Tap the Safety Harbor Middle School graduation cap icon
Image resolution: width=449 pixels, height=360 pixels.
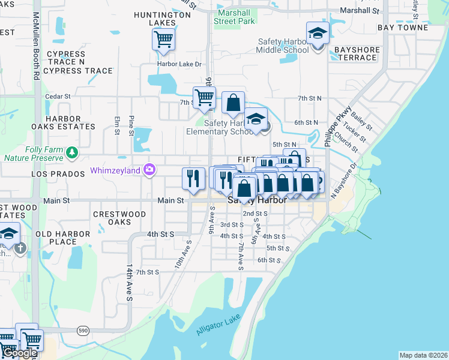[x=318, y=33]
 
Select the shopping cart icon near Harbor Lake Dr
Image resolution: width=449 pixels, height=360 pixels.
[x=163, y=40]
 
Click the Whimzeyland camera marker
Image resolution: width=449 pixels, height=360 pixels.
[x=148, y=170]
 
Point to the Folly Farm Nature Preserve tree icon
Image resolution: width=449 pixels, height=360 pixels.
[x=72, y=152]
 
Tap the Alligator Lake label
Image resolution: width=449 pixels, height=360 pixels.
[x=218, y=325]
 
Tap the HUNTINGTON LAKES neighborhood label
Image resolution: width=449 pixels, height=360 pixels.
[x=154, y=19]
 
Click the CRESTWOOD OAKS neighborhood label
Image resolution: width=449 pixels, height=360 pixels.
[x=119, y=218]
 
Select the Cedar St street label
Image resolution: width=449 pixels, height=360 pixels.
[x=58, y=96]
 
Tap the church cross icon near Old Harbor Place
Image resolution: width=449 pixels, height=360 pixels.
[x=20, y=248]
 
